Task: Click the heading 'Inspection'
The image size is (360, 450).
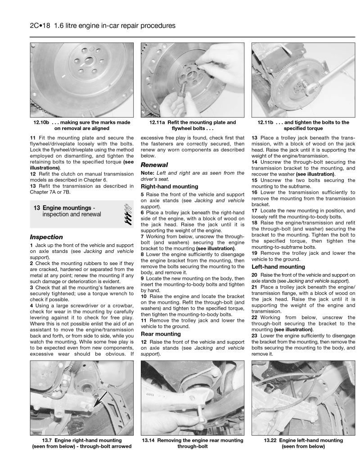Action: (46, 237)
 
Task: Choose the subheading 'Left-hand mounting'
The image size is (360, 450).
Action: (278, 267)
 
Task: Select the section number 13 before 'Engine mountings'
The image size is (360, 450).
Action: (37, 208)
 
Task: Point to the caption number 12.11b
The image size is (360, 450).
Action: (268, 122)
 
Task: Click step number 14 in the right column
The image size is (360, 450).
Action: (255, 161)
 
